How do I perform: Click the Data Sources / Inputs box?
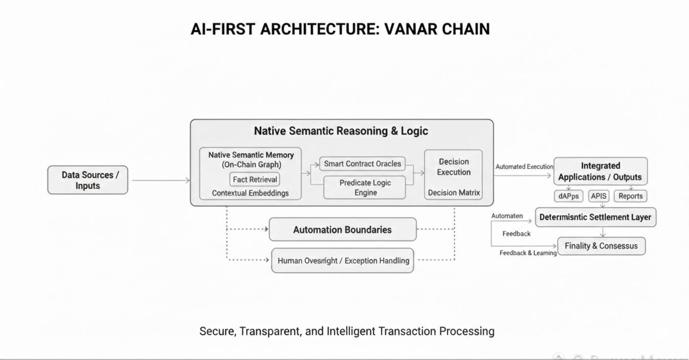[88, 180]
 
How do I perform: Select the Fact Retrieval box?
[254, 180]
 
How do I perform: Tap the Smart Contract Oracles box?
[363, 164]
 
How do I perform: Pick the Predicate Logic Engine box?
[365, 187]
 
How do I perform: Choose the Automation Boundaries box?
[343, 229]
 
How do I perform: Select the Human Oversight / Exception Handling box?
[343, 261]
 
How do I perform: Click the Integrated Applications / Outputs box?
[600, 171]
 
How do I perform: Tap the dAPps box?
[568, 196]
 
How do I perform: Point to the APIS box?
[598, 196]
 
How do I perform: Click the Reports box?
[630, 196]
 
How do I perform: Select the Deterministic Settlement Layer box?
[596, 217]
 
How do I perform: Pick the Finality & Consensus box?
[601, 246]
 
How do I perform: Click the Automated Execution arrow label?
[524, 167]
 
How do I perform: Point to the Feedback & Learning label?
[528, 253]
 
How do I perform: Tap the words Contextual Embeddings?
[250, 193]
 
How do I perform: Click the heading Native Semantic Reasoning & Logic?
[341, 131]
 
